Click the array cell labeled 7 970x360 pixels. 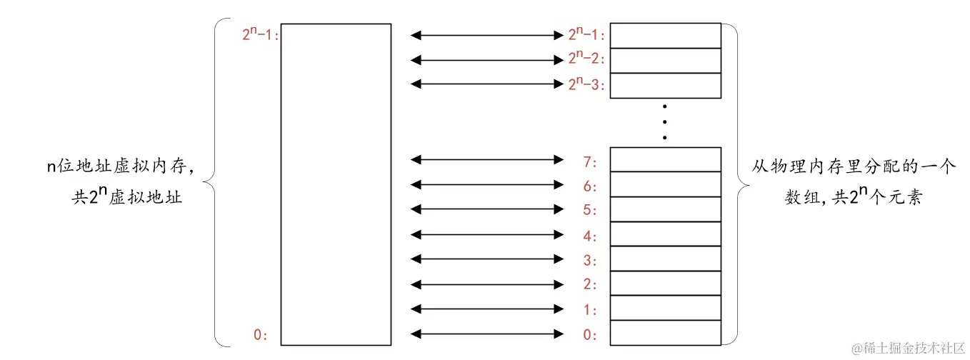pyautogui.click(x=665, y=159)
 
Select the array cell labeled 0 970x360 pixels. pyautogui.click(x=665, y=333)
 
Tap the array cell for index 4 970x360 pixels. pyautogui.click(x=665, y=234)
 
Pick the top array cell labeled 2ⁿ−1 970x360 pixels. pyautogui.click(x=665, y=36)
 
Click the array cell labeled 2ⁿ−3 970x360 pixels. pyautogui.click(x=665, y=85)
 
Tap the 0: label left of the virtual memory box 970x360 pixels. pyautogui.click(x=261, y=334)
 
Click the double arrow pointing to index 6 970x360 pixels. pyautogui.click(x=488, y=185)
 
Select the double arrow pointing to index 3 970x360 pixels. pyautogui.click(x=488, y=259)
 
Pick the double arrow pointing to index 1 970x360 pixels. pyautogui.click(x=488, y=309)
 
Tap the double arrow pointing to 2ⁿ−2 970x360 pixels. pyautogui.click(x=488, y=60)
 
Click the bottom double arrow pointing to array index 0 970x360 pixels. pyautogui.click(x=488, y=334)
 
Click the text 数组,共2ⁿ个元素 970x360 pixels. pyautogui.click(x=853, y=197)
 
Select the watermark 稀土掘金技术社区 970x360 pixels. pyautogui.click(x=908, y=348)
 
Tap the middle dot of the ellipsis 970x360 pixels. pyautogui.click(x=665, y=121)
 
